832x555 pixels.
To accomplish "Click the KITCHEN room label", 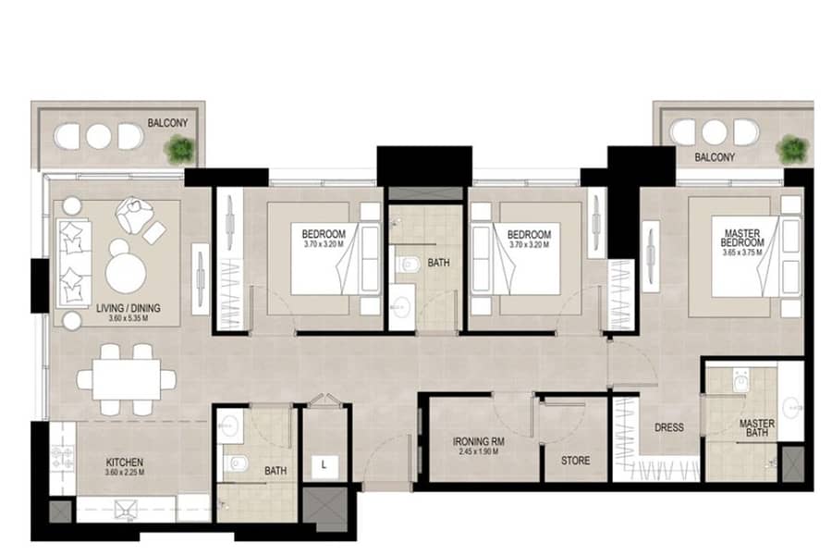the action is [125, 462].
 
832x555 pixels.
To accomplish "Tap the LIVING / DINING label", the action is [128, 308].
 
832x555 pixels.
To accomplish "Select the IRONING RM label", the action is [479, 441].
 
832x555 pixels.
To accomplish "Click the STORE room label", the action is [576, 461].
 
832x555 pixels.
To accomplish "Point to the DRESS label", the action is [669, 427].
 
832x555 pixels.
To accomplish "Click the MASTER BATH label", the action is [757, 428].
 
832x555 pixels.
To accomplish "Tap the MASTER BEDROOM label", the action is [742, 238].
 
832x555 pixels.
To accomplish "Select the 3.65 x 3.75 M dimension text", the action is [742, 253].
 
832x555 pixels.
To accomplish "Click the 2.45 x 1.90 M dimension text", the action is [479, 452].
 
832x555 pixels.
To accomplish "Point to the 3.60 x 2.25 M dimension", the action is [125, 472].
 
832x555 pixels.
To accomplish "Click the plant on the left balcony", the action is [179, 150].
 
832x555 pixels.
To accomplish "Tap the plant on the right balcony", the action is [793, 149].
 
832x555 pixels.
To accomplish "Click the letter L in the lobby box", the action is [324, 464].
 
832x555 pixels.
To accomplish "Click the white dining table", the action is [127, 379].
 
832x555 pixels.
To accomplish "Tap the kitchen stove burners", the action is [63, 459].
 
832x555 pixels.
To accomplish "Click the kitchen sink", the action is [127, 509].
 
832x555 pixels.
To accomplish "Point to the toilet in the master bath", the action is [740, 378].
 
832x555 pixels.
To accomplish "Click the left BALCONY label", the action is [167, 123].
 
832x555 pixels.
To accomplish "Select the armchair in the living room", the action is [134, 216].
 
